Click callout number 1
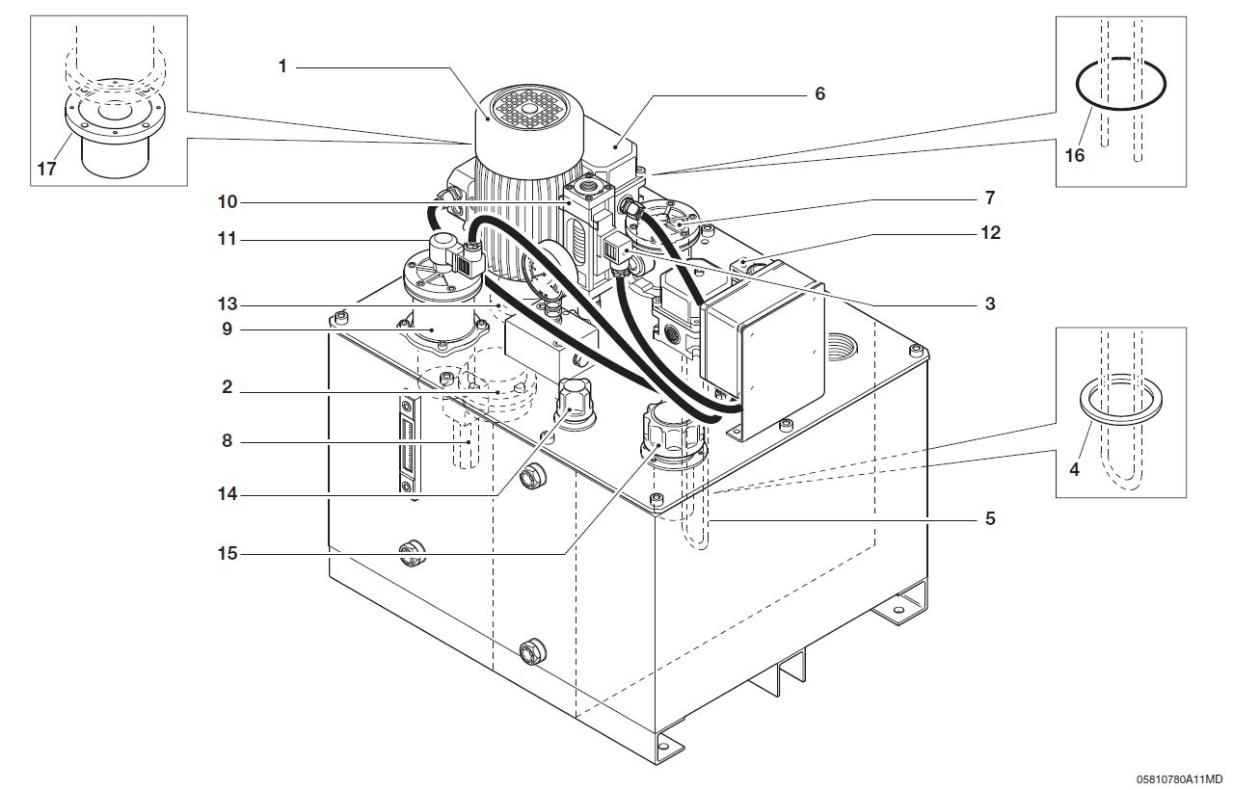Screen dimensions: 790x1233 282,66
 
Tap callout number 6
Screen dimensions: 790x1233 819,93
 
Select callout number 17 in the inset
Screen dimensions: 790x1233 47,169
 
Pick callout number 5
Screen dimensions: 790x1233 990,518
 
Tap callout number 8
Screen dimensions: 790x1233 226,441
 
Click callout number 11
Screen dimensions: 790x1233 228,238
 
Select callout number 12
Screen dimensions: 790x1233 990,232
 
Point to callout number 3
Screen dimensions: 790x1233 990,303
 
